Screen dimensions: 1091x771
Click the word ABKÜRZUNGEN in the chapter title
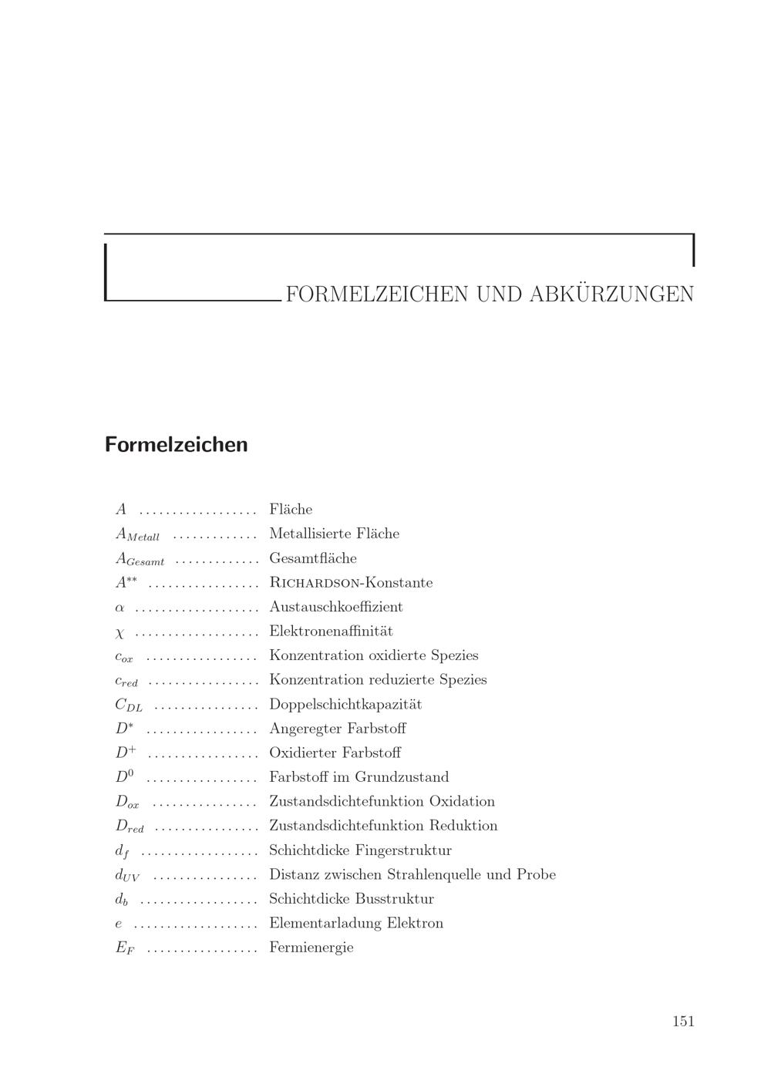coord(611,295)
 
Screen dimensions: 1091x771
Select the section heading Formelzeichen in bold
coord(177,445)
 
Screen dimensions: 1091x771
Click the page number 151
coord(683,1021)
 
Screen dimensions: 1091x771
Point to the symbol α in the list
coord(120,608)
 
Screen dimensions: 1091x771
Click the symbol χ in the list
coord(120,632)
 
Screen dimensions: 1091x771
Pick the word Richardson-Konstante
coord(351,583)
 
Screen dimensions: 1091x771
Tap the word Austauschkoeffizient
coord(336,607)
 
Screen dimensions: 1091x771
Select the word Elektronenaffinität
coord(331,631)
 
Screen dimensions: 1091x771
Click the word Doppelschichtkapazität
coord(345,704)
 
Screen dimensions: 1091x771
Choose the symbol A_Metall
coord(137,534)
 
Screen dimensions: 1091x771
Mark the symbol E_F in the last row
coord(125,948)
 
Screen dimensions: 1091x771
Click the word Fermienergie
coord(311,948)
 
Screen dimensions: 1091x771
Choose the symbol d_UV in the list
coord(127,875)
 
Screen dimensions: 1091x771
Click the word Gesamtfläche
coord(313,558)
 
